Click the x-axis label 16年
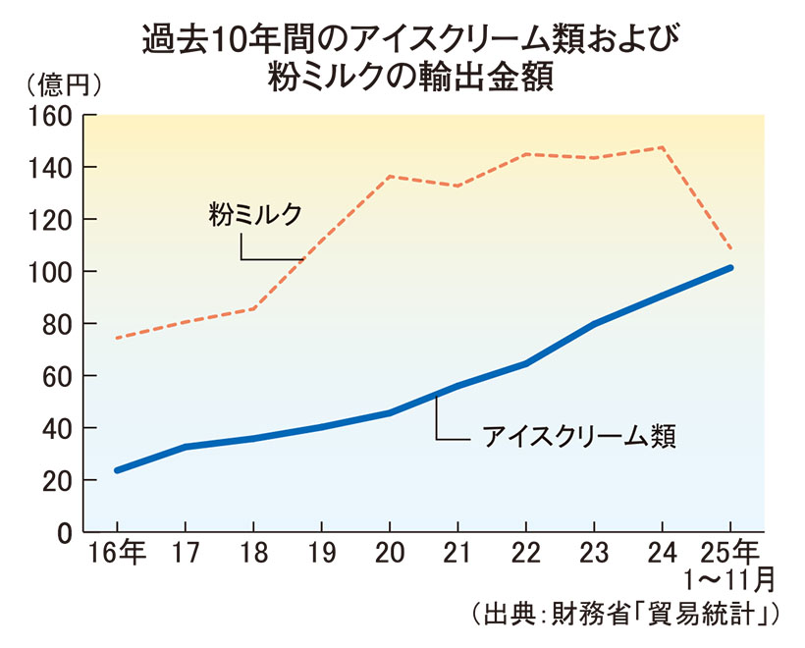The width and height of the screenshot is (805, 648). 117,553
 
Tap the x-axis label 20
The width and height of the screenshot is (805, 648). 390,553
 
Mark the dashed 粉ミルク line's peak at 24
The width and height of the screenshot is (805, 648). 662,147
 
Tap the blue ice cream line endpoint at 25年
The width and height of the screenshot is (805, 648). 730,267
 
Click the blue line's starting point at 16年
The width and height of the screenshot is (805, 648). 117,470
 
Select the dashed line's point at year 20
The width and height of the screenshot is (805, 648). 390,176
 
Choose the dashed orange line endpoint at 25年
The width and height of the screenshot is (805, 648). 730,248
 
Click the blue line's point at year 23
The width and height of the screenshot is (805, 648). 594,324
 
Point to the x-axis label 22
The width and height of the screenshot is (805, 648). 526,553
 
